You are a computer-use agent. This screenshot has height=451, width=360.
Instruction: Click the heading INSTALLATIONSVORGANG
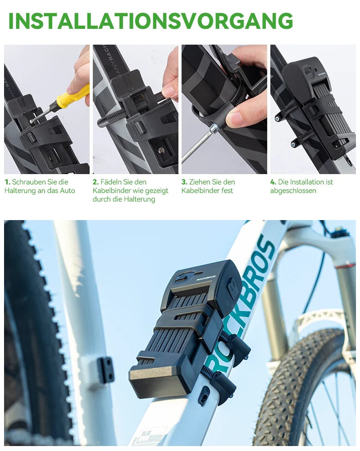point(150,21)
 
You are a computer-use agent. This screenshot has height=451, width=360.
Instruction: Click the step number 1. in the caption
point(7,182)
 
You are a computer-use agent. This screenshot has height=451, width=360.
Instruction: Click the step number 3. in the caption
point(184,182)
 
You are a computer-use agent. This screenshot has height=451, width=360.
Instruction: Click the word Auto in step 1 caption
point(67,191)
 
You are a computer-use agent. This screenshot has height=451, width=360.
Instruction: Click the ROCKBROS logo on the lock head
point(206,278)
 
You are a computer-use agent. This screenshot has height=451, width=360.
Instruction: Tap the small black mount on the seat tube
point(105,370)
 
